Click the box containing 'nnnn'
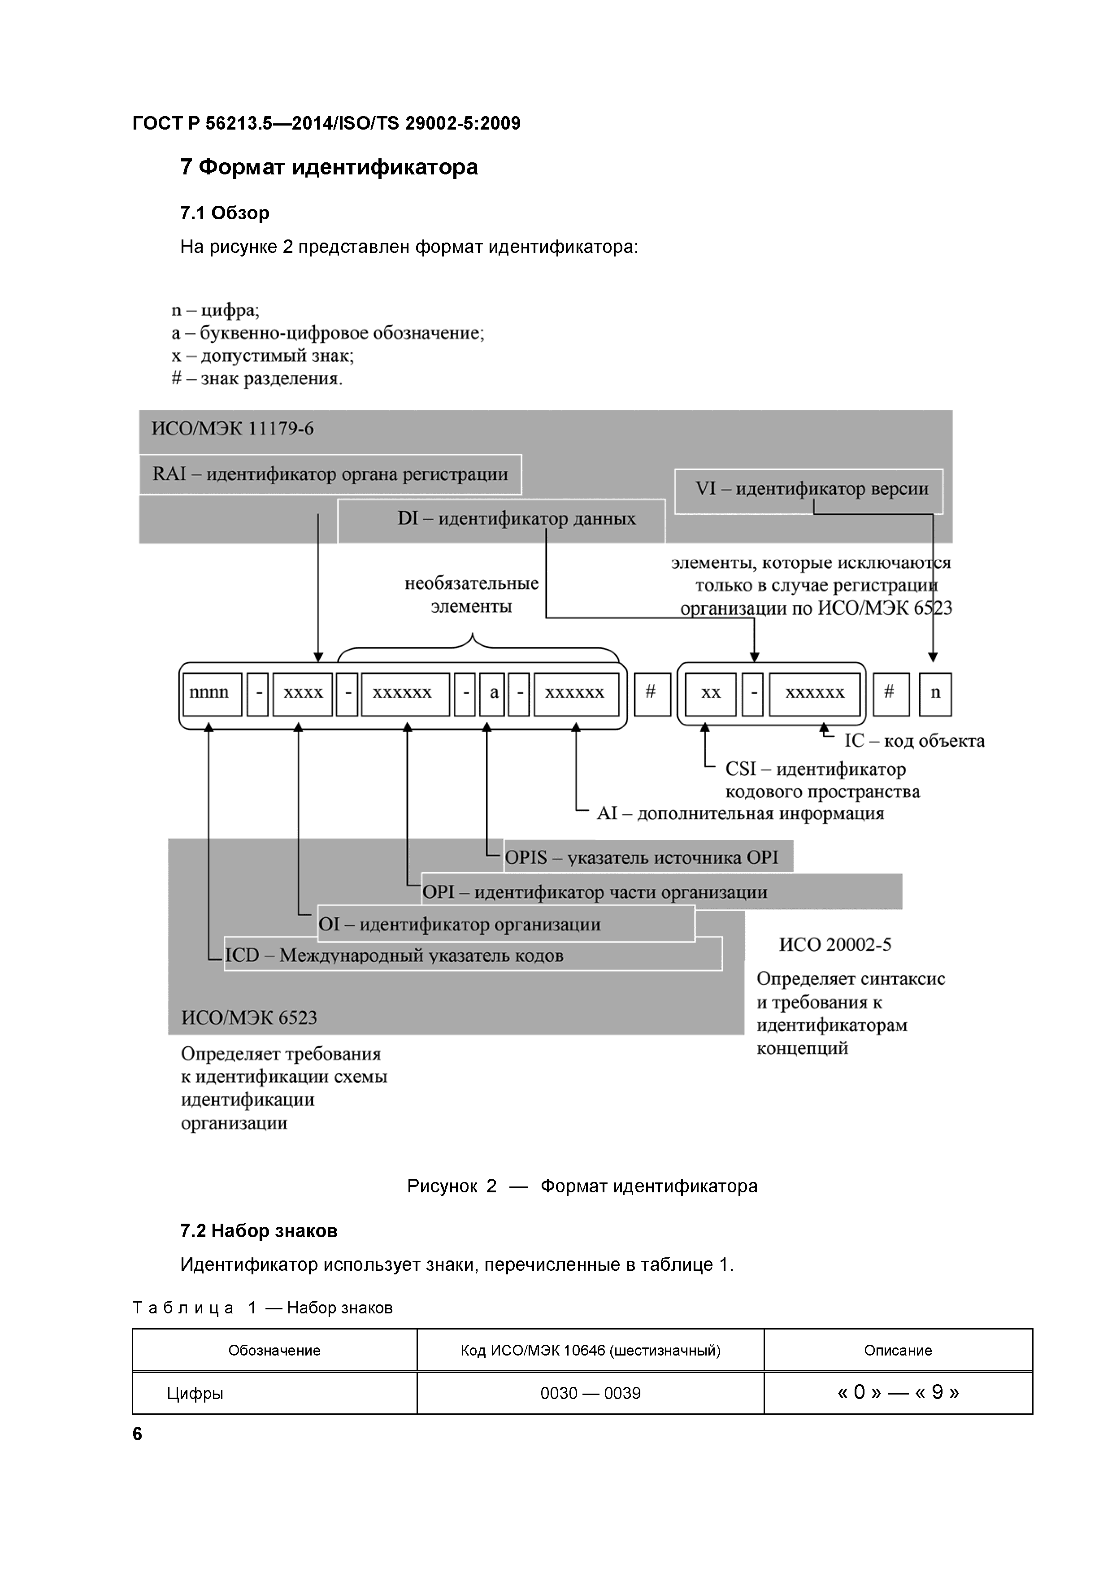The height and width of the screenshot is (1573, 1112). (212, 693)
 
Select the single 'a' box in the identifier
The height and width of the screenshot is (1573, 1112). (493, 693)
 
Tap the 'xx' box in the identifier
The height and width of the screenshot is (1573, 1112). (711, 693)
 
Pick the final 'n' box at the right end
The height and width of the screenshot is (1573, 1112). (934, 693)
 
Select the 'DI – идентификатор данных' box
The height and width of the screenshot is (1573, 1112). (516, 519)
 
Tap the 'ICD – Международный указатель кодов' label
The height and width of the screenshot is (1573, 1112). (394, 955)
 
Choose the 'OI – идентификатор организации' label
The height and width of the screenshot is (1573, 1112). (459, 924)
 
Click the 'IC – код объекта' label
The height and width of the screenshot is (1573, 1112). (913, 741)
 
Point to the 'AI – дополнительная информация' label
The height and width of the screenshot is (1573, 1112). (740, 813)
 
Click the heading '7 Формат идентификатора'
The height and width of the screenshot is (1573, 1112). (329, 167)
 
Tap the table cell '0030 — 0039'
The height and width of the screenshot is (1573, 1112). (590, 1393)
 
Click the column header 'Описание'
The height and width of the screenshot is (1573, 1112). (898, 1350)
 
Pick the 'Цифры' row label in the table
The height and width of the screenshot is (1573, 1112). (195, 1393)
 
